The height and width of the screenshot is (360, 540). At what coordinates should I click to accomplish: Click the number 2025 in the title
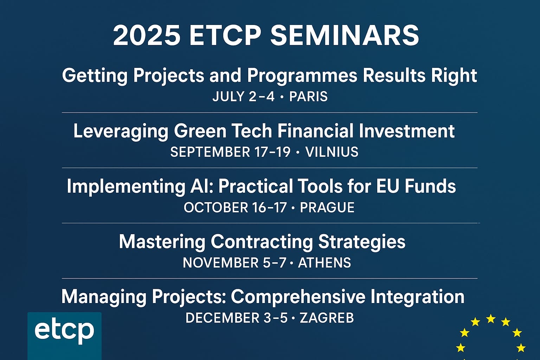pyautogui.click(x=147, y=36)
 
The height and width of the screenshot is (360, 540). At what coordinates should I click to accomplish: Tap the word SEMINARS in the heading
pyautogui.click(x=345, y=36)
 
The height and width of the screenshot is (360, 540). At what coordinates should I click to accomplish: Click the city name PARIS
pyautogui.click(x=308, y=96)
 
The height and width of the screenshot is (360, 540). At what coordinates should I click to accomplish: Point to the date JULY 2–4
pyautogui.click(x=244, y=96)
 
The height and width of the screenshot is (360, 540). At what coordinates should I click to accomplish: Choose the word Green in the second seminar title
pyautogui.click(x=200, y=131)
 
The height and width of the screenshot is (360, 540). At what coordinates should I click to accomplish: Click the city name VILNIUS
pyautogui.click(x=332, y=152)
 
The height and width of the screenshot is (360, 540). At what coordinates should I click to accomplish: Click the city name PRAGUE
pyautogui.click(x=327, y=207)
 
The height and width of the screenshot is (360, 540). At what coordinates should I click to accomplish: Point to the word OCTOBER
pyautogui.click(x=216, y=207)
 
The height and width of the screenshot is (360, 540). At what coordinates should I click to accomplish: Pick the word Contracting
pyautogui.click(x=262, y=242)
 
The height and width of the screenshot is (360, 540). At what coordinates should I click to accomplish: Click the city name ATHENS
pyautogui.click(x=324, y=263)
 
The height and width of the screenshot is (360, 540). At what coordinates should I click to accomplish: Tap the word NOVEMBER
pyautogui.click(x=220, y=263)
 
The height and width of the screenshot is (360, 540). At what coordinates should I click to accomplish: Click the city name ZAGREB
pyautogui.click(x=327, y=318)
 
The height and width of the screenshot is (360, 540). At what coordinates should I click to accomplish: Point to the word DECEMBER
pyautogui.click(x=222, y=318)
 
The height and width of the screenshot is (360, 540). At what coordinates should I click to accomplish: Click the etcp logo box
pyautogui.click(x=64, y=336)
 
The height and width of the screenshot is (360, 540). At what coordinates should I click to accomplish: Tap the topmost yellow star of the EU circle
pyautogui.click(x=491, y=319)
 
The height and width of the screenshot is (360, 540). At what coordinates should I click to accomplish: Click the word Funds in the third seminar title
pyautogui.click(x=430, y=186)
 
